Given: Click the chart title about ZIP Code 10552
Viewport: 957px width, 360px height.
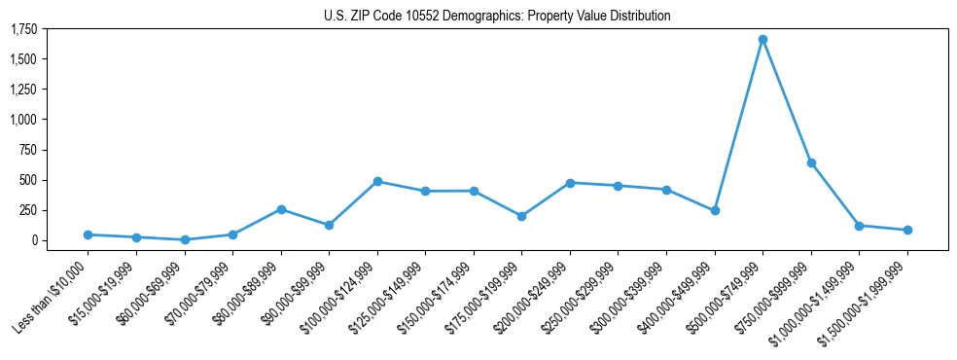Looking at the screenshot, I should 497,16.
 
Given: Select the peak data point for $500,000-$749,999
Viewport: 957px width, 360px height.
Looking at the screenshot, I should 762,40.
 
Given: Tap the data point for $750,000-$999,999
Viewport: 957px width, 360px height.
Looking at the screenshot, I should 811,162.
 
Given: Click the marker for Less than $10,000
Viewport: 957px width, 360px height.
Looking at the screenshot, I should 88,234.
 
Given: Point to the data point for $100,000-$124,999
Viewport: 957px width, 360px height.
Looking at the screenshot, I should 377,181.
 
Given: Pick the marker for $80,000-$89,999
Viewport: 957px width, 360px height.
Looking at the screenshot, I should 281,209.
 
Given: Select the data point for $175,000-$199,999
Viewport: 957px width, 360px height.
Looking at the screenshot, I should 521,216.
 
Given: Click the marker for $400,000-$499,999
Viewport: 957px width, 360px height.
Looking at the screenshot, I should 715,210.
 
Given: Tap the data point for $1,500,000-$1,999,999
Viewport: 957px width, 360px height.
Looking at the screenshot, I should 907,230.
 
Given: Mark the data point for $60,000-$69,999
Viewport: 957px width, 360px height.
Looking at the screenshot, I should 185,239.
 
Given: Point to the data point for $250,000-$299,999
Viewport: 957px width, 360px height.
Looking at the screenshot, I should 619,186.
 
